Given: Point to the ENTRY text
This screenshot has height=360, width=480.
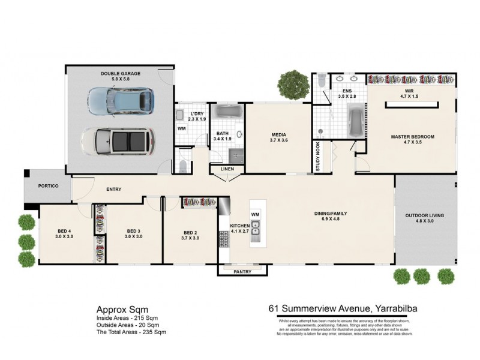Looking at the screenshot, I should [113, 190].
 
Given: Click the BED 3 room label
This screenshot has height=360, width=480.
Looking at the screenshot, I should [133, 232].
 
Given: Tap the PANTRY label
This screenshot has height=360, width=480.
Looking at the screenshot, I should [242, 271].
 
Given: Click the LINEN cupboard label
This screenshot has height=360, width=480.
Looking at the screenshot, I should [227, 169].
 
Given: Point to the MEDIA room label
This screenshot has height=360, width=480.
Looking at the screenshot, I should [278, 135].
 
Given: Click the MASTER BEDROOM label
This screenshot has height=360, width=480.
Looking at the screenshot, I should [412, 137].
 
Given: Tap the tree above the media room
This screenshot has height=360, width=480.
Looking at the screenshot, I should [293, 85].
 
